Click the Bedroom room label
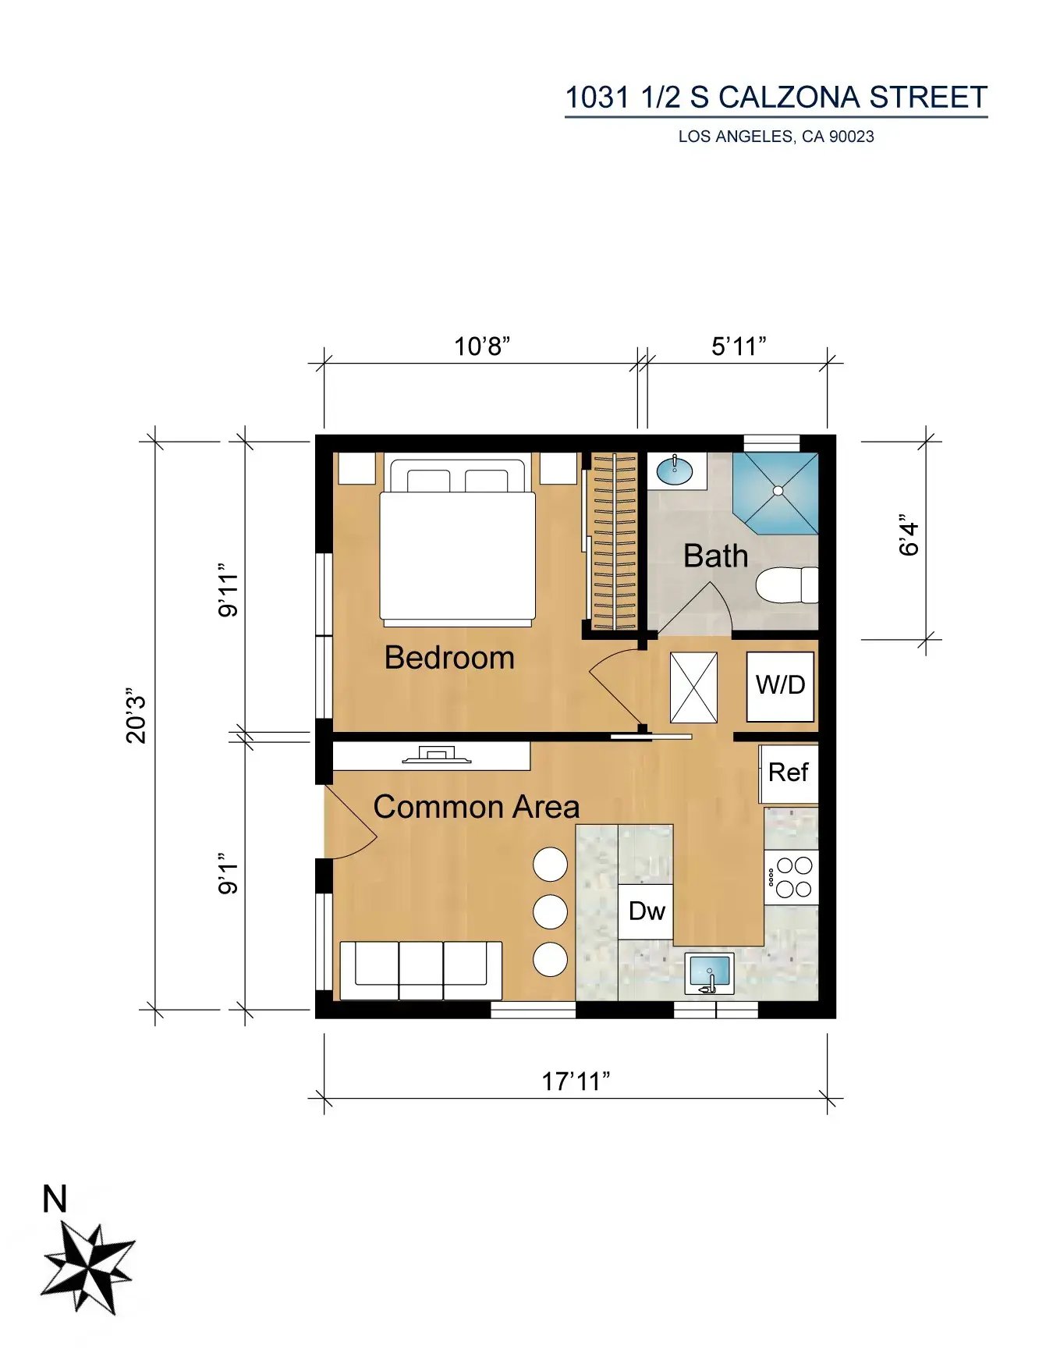pyautogui.click(x=449, y=658)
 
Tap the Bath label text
pyautogui.click(x=715, y=556)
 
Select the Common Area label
pyautogui.click(x=477, y=807)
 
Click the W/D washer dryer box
pyautogui.click(x=780, y=686)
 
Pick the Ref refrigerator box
pyautogui.click(x=789, y=773)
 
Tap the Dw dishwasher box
pyautogui.click(x=646, y=911)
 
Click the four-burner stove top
pyautogui.click(x=791, y=877)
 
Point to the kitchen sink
pyautogui.click(x=709, y=974)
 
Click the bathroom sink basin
pyautogui.click(x=674, y=471)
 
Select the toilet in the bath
pyautogui.click(x=787, y=585)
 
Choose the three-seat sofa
pyautogui.click(x=421, y=971)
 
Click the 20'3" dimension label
pyautogui.click(x=136, y=716)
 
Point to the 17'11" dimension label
pyautogui.click(x=576, y=1082)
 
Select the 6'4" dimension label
pyautogui.click(x=909, y=535)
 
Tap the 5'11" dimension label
pyautogui.click(x=739, y=346)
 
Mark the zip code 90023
pyautogui.click(x=851, y=137)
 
